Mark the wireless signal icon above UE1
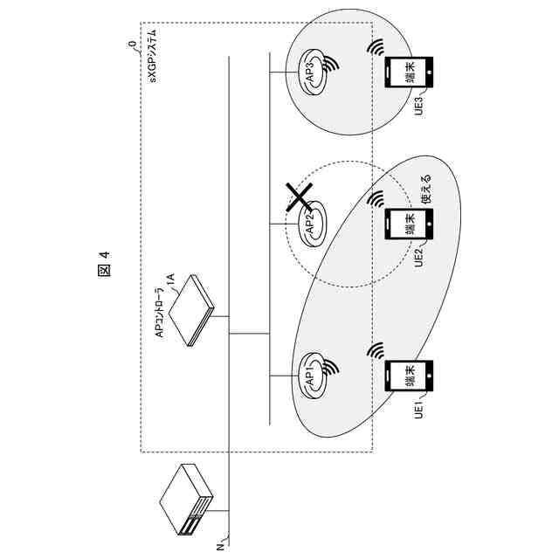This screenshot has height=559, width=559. pyautogui.click(x=377, y=350)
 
